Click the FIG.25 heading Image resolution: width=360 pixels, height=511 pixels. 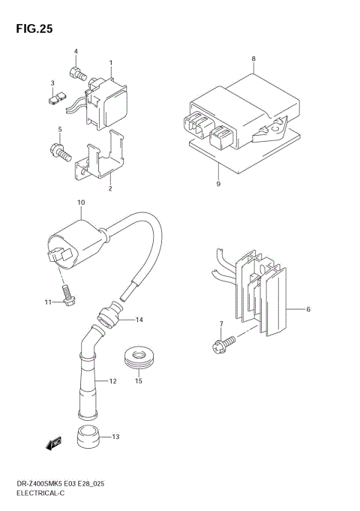(32, 29)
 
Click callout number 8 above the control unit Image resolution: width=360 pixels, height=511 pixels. (253, 59)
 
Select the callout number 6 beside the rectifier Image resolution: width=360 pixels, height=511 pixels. (307, 308)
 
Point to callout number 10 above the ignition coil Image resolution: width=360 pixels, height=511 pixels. (81, 203)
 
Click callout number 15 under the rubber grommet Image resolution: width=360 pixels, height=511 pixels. (138, 381)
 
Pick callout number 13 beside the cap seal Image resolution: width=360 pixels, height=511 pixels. (115, 436)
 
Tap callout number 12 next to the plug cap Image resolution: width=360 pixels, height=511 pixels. (113, 381)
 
